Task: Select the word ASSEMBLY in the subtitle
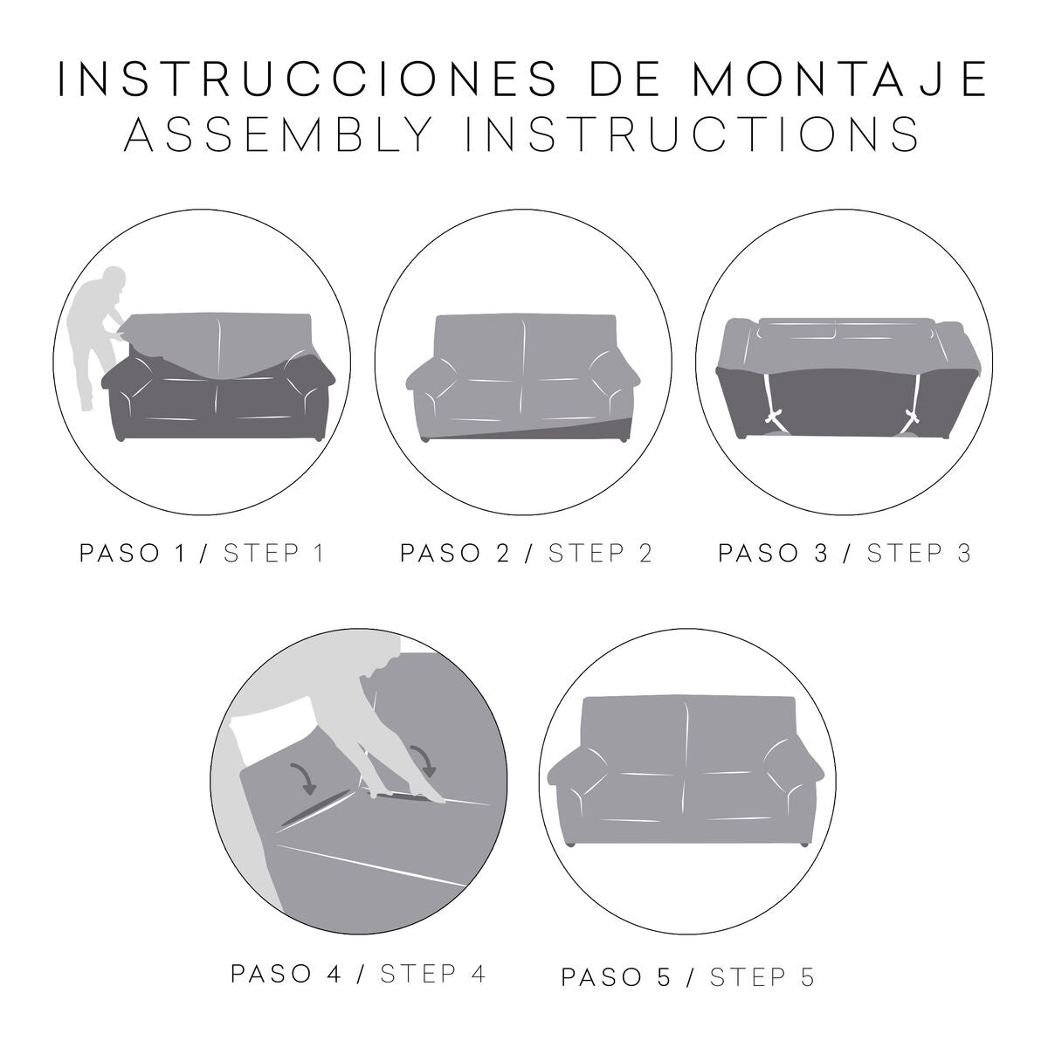[279, 134]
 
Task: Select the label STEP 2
[601, 554]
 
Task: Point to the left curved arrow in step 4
[305, 776]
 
